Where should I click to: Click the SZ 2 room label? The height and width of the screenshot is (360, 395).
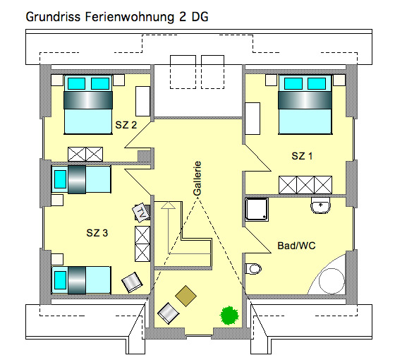pyautogui.click(x=126, y=125)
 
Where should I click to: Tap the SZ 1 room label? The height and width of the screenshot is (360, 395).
pyautogui.click(x=302, y=156)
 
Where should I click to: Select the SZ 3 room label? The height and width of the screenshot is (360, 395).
pyautogui.click(x=97, y=233)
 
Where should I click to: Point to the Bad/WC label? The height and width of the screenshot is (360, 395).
pyautogui.click(x=296, y=246)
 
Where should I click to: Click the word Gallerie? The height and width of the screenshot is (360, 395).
pyautogui.click(x=197, y=179)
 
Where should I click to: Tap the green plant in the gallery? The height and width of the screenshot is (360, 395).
pyautogui.click(x=229, y=316)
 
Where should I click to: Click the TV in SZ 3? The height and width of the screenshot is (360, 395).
pyautogui.click(x=141, y=212)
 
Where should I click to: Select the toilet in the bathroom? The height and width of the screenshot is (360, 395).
pyautogui.click(x=253, y=269)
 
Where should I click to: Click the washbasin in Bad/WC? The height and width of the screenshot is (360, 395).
pyautogui.click(x=320, y=205)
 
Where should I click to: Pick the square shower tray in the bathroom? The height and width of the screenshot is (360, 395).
pyautogui.click(x=257, y=210)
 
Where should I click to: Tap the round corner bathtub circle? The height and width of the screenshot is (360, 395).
pyautogui.click(x=332, y=281)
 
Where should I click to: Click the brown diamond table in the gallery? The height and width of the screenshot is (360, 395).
pyautogui.click(x=186, y=296)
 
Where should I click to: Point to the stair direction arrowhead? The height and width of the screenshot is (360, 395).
pyautogui.click(x=168, y=205)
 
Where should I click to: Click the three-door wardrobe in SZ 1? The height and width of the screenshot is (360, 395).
pyautogui.click(x=305, y=185)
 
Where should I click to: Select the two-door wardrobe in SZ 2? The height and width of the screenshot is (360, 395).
pyautogui.click(x=85, y=154)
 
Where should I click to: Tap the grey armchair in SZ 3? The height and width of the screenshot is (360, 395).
pyautogui.click(x=133, y=282)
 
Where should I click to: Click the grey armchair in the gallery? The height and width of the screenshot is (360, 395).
pyautogui.click(x=169, y=313)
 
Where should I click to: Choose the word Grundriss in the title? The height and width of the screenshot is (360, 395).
pyautogui.click(x=53, y=17)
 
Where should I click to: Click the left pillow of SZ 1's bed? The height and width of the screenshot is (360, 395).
pyautogui.click(x=293, y=84)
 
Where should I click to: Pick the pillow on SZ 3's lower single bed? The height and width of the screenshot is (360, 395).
pyautogui.click(x=60, y=280)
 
